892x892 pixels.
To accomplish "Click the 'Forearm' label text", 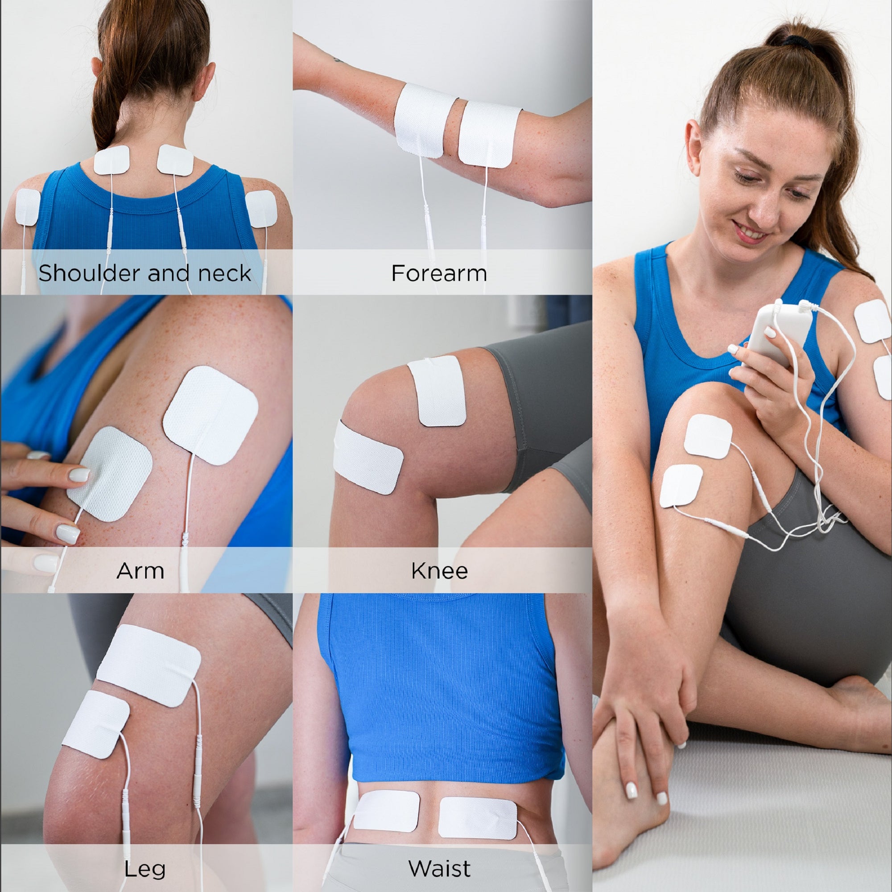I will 438,273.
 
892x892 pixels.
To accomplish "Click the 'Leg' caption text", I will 145,869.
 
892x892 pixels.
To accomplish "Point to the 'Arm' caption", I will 140,571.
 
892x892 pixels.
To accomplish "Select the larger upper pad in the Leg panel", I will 150,665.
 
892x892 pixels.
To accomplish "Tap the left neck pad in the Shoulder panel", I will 111,160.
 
